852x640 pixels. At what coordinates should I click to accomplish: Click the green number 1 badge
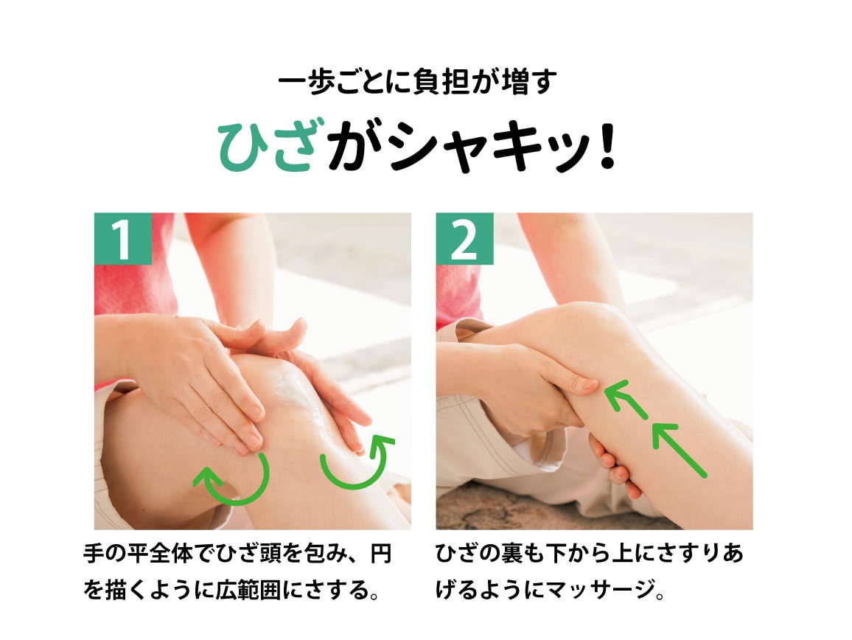pos(122,239)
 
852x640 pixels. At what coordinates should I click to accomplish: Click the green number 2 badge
pos(464,239)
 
